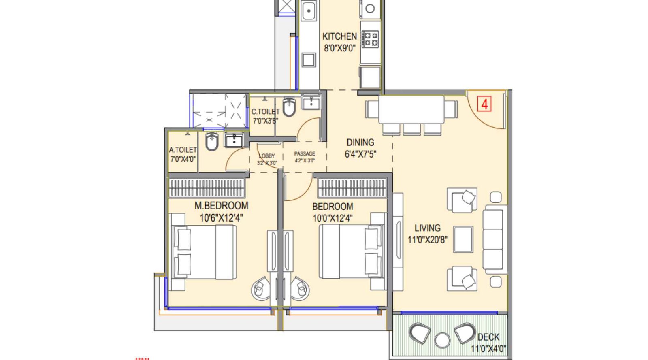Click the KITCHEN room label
(x=339, y=36)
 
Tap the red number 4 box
(x=484, y=104)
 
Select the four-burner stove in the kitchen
(x=370, y=39)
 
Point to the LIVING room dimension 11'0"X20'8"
(x=427, y=240)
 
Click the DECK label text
(x=488, y=337)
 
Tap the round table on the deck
(x=442, y=340)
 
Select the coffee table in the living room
(x=463, y=239)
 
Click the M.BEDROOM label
(x=221, y=206)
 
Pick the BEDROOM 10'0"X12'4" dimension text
(x=333, y=218)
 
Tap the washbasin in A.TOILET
(x=234, y=141)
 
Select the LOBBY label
(x=267, y=156)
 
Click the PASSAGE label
(x=305, y=154)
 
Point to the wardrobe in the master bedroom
(x=207, y=188)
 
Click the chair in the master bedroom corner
(x=260, y=288)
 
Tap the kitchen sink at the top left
(x=309, y=11)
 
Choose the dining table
(x=411, y=109)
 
